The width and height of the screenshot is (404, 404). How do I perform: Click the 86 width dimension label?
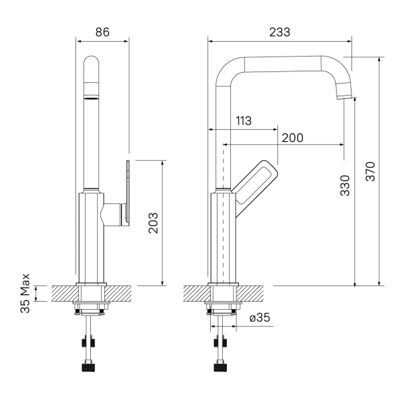[102, 32]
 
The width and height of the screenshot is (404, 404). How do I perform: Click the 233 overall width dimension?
[279, 32]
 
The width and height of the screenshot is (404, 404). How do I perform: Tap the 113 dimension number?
[244, 121]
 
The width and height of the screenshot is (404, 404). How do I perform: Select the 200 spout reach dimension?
[292, 138]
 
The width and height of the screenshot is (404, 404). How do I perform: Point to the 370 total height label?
[370, 171]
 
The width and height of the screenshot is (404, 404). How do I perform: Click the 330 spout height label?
[345, 186]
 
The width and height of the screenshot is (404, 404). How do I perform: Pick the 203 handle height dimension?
[153, 223]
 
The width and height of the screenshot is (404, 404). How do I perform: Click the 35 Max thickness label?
[25, 293]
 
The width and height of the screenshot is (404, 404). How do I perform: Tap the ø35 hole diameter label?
[260, 317]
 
